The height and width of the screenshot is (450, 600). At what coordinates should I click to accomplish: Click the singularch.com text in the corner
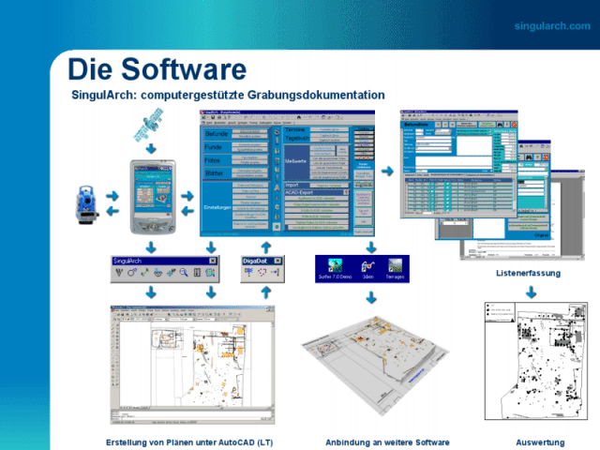[552, 25]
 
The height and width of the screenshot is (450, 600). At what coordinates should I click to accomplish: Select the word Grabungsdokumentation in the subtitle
[322, 95]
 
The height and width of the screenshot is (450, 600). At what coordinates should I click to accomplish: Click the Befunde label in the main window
[217, 134]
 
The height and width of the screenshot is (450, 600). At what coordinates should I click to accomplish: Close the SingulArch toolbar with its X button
[212, 260]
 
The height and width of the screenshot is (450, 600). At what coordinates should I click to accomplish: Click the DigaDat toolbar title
[256, 260]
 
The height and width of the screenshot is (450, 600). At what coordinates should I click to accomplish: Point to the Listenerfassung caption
[528, 273]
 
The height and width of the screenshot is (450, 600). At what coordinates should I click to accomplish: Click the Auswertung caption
[540, 442]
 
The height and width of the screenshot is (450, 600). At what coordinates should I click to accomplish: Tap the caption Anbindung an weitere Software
[387, 442]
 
